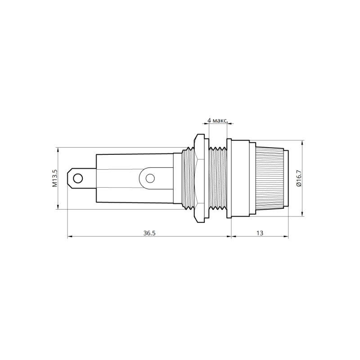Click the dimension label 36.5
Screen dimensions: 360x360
[149, 233]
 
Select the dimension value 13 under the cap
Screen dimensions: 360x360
[260, 233]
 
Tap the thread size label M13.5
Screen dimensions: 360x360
[54, 178]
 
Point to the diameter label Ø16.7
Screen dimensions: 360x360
[299, 178]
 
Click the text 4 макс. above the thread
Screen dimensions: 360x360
[217, 121]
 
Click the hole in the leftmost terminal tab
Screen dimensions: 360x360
[78, 179]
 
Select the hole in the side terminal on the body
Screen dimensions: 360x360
[150, 179]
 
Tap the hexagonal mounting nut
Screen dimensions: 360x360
[198, 178]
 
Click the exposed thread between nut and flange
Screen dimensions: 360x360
[218, 178]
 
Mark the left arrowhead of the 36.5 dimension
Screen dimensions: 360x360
[69, 236]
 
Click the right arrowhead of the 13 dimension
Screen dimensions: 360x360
[287, 236]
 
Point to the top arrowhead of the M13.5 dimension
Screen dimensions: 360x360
[58, 149]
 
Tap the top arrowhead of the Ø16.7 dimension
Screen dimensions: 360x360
[302, 142]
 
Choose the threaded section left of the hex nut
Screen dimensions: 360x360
[184, 178]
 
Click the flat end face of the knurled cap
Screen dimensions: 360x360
[287, 178]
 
